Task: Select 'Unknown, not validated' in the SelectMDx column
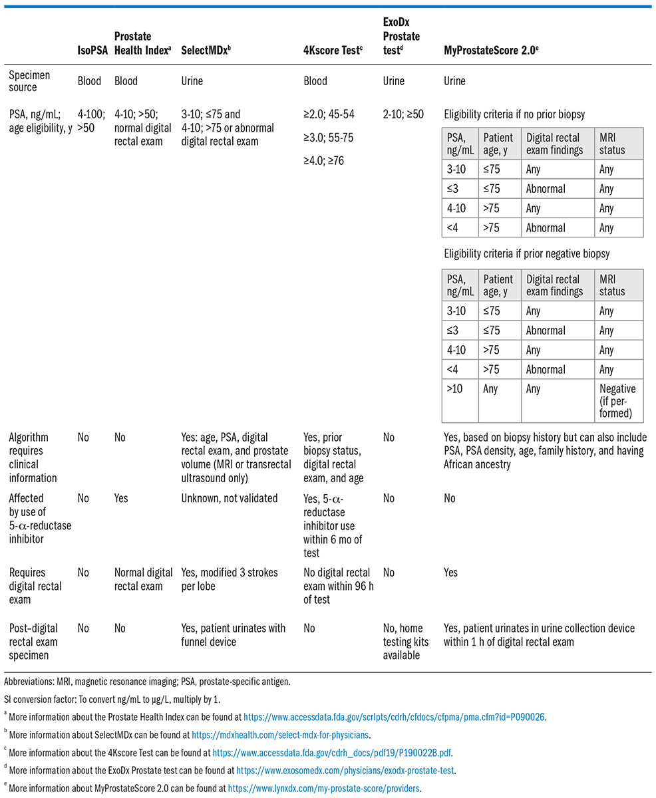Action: [230, 498]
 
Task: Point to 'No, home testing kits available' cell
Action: [406, 642]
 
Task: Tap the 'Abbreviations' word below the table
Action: [27, 683]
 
